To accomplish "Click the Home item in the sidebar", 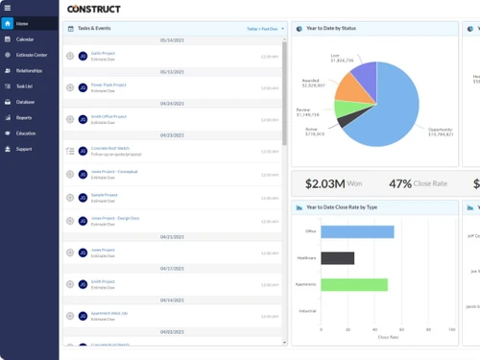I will click(x=22, y=23).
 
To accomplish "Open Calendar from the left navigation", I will click(x=25, y=39).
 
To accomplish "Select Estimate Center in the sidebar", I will click(x=31, y=55).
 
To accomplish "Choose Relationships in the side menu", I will click(x=29, y=70).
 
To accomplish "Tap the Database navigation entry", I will click(x=25, y=102).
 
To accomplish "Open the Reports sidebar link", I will click(x=23, y=117).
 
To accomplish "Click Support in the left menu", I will click(x=23, y=149).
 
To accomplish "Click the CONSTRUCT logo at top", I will click(x=94, y=9).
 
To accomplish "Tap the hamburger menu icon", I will click(x=8, y=7).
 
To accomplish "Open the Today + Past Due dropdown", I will click(x=264, y=30).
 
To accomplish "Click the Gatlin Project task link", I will click(x=103, y=54).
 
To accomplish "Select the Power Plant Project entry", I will click(x=108, y=84).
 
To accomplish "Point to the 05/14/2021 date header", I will click(x=173, y=40).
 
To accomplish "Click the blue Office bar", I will click(x=357, y=231).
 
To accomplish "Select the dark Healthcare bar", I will click(x=337, y=258).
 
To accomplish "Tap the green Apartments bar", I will click(x=354, y=284).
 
